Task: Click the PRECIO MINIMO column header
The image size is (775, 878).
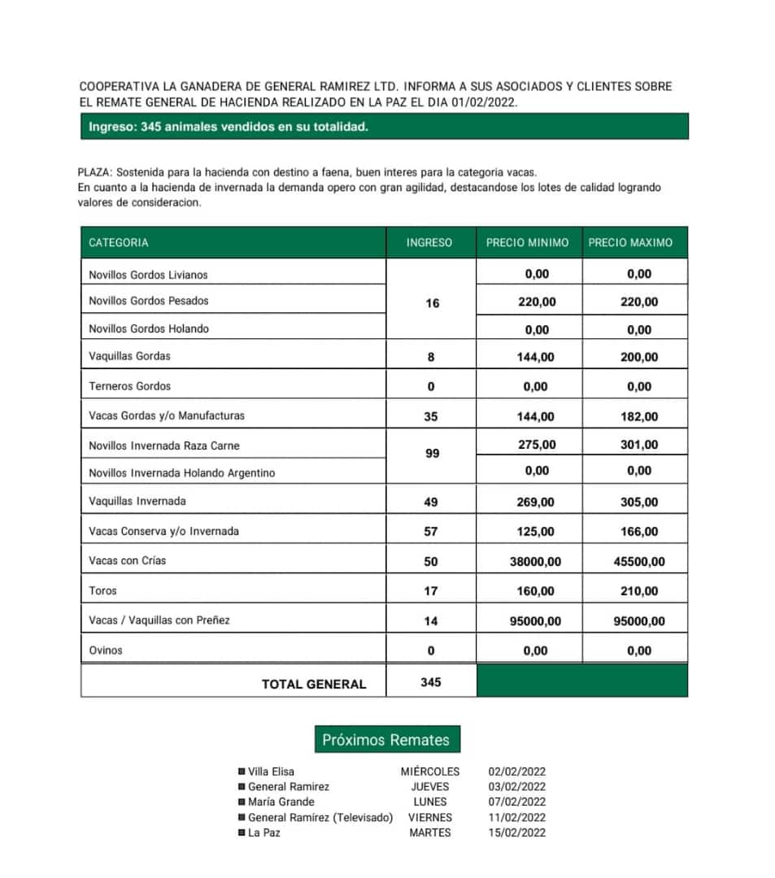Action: coord(527,242)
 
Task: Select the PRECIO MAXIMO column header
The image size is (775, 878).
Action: coord(630,242)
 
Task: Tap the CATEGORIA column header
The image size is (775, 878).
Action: coord(119,242)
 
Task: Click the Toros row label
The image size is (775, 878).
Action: coord(102,591)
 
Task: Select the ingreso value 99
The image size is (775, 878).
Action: coord(432,454)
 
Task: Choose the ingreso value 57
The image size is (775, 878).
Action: coord(431,532)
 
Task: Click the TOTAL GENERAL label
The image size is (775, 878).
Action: coord(313,685)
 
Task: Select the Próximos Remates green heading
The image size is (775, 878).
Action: coord(386,740)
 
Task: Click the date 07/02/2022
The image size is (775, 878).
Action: coord(516,802)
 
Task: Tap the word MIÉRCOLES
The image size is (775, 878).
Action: coord(429,772)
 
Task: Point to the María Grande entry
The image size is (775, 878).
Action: coord(281,802)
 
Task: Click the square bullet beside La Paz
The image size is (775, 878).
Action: coord(242,832)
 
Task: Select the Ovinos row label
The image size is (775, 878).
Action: coord(106,650)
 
